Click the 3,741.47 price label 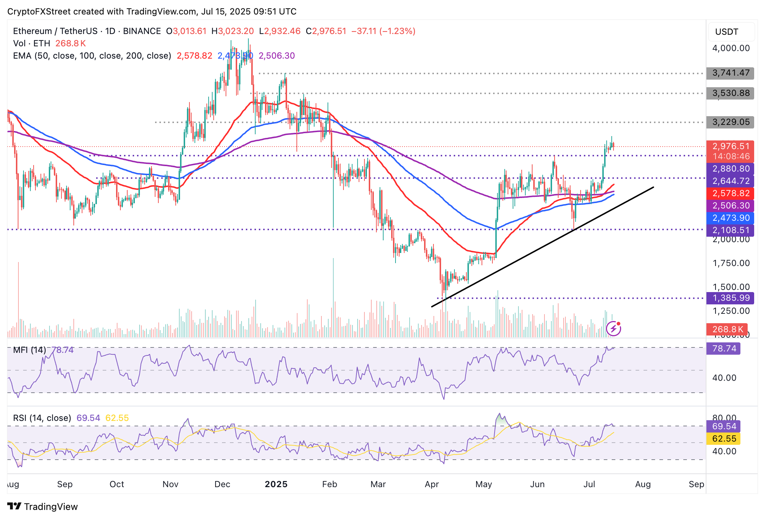click(730, 73)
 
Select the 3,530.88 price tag click(730, 93)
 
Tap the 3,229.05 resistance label click(730, 122)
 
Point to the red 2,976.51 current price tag click(730, 147)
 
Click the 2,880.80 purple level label click(730, 169)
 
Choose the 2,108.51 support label click(730, 230)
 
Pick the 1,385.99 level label click(730, 298)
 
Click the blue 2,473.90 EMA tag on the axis click(730, 218)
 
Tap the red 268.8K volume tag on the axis click(727, 329)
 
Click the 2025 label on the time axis click(276, 484)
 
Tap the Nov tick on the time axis click(170, 484)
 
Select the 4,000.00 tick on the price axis click(730, 48)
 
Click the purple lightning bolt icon click(614, 329)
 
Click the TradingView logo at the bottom click(43, 506)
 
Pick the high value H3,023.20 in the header click(232, 31)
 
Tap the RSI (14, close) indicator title click(42, 418)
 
